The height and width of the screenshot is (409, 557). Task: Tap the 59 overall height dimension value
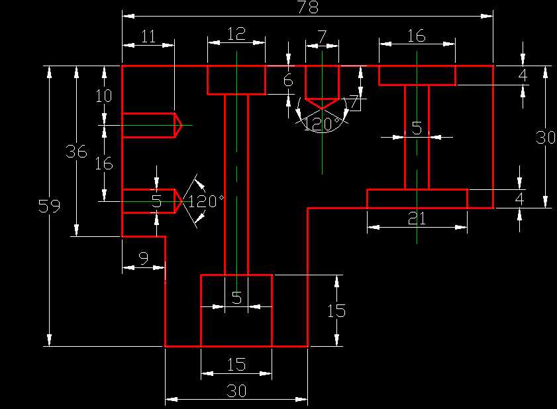[x=48, y=206]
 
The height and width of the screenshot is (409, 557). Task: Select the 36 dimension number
[x=77, y=152]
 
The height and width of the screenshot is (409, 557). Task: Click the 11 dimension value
[x=148, y=36]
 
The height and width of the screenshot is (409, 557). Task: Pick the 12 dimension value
[x=236, y=34]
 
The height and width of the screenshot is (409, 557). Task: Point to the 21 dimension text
[x=417, y=218]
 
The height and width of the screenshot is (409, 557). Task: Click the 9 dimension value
[x=143, y=259]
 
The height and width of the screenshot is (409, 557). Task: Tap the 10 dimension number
[x=104, y=96]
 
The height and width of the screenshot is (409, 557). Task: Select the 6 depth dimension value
[x=287, y=81]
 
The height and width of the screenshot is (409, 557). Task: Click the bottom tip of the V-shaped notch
[x=322, y=109]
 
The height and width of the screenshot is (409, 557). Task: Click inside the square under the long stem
[x=236, y=324]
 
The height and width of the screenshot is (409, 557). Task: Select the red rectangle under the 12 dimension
[x=236, y=80]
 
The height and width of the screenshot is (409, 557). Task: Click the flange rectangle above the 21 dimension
[x=417, y=199]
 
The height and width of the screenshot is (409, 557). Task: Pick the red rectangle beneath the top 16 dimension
[x=417, y=75]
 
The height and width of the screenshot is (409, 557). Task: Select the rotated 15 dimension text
[x=337, y=310]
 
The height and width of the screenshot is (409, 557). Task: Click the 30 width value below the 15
[x=236, y=391]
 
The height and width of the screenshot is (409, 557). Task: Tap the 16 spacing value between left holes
[x=104, y=163]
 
